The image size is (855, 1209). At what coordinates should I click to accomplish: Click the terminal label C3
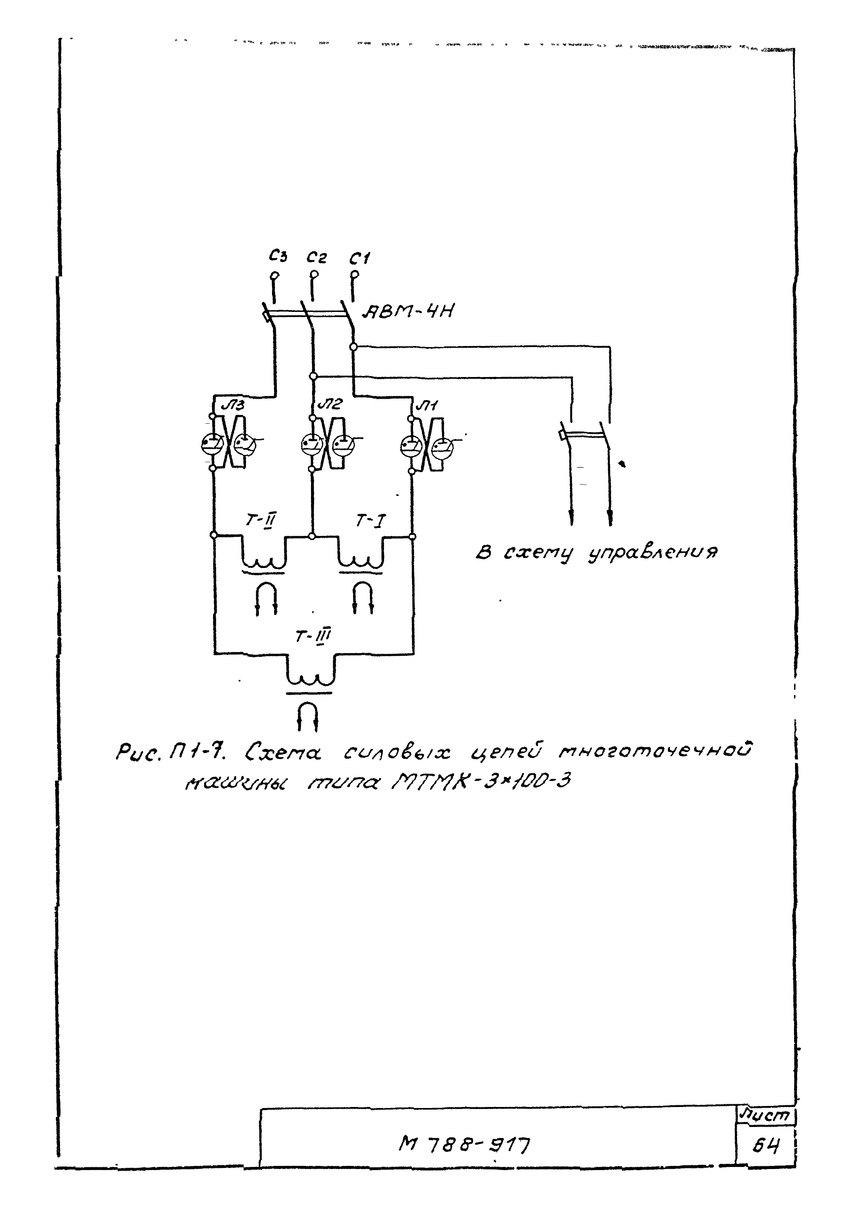pyautogui.click(x=278, y=256)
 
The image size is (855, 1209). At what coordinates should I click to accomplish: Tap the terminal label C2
pyautogui.click(x=316, y=257)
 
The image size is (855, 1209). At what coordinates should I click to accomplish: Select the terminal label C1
pyautogui.click(x=360, y=258)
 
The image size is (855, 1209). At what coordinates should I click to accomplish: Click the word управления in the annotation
pyautogui.click(x=653, y=553)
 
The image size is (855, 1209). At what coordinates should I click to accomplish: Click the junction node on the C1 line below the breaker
pyautogui.click(x=353, y=346)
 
